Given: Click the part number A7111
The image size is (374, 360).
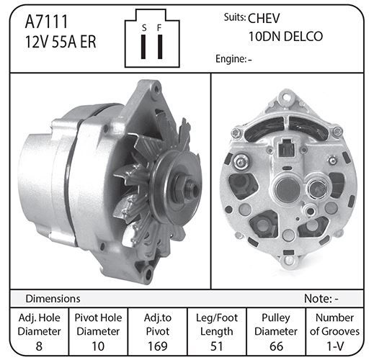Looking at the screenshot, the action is pos(47,22).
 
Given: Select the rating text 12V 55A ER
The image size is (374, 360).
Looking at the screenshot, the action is pos(61,42).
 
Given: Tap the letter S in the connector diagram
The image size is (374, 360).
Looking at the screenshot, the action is pos(144,28).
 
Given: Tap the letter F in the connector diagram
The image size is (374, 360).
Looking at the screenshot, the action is pos(159,28).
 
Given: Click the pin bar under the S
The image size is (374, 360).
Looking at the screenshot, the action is pos(143,47).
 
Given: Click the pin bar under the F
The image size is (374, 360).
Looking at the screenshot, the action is pos(160,47).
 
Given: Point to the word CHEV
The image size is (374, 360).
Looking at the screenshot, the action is pos(264,19).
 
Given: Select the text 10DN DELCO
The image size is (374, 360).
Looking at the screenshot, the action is pos(285,37).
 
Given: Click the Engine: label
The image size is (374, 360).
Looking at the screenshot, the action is pos(230,59).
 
